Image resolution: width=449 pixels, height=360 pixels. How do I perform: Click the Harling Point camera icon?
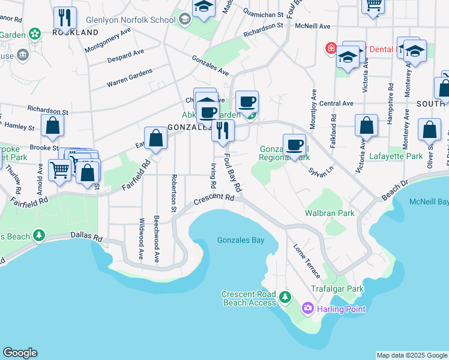tap(308, 308)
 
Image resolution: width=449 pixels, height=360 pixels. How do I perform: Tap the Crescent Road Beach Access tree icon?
tap(285, 296)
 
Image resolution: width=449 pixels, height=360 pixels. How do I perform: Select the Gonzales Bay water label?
tap(240, 241)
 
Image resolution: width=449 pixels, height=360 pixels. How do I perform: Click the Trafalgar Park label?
tap(337, 289)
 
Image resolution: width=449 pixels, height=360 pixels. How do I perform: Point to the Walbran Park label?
tap(330, 213)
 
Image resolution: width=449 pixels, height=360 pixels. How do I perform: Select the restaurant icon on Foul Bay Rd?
tap(223, 130)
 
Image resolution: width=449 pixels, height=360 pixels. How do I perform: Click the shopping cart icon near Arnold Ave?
tap(60, 170)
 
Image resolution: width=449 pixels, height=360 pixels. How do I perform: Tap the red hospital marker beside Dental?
tap(330, 48)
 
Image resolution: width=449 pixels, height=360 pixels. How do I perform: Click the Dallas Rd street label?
tap(86, 237)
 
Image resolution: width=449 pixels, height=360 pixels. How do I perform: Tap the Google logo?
tap(20, 353)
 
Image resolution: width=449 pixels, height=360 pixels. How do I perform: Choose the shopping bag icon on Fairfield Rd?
tap(155, 138)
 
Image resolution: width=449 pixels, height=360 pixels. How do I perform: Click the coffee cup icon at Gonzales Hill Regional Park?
tap(294, 145)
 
